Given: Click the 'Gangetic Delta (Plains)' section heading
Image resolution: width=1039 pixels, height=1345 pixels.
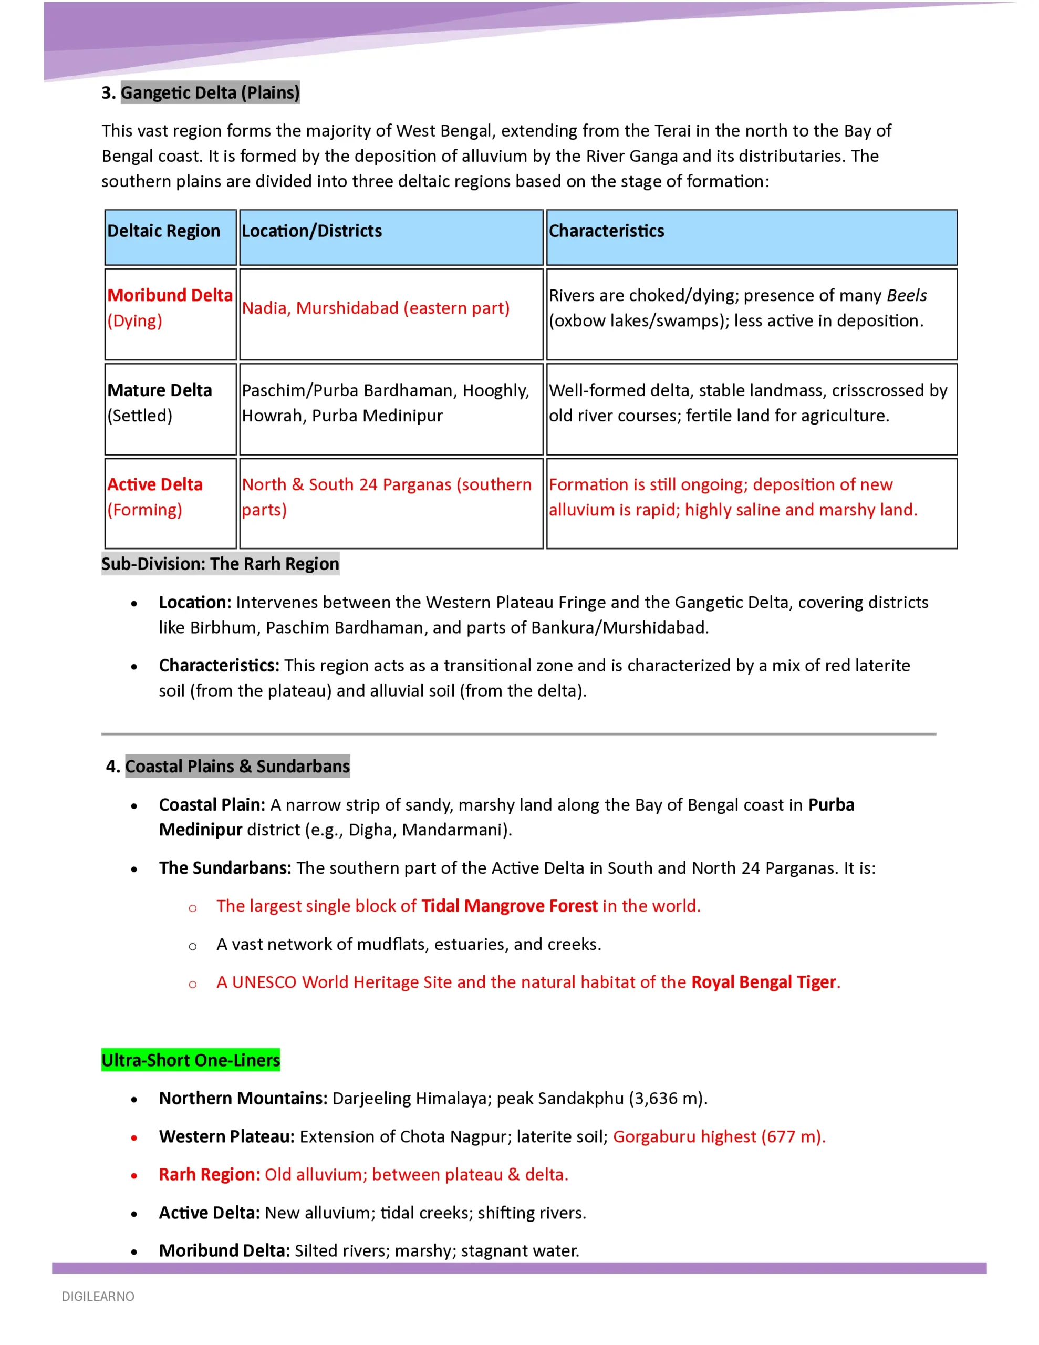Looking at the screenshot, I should click(210, 92).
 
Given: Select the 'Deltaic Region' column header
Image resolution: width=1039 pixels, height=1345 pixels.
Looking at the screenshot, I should click(163, 231).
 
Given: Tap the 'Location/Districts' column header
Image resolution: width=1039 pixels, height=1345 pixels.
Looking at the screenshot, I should click(311, 231).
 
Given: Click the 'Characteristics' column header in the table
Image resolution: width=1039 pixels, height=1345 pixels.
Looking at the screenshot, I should click(606, 231).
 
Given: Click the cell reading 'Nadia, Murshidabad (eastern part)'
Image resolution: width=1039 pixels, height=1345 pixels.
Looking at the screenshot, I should click(376, 308).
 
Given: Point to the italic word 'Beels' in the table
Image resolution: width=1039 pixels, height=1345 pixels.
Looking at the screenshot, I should click(906, 296).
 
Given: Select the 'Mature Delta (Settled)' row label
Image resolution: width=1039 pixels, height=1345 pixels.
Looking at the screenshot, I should click(160, 403).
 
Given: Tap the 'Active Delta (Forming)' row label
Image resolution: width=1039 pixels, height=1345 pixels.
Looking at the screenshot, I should click(154, 497).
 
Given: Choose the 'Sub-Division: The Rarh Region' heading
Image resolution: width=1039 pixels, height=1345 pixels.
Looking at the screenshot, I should click(220, 564).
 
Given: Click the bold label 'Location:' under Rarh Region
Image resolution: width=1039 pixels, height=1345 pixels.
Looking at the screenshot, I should click(195, 602).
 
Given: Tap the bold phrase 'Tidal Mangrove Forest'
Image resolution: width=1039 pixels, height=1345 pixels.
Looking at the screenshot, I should click(510, 906).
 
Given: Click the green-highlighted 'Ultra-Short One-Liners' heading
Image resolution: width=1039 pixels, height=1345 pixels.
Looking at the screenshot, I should click(190, 1060).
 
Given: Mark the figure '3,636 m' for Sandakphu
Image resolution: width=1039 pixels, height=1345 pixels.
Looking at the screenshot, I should click(668, 1098).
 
